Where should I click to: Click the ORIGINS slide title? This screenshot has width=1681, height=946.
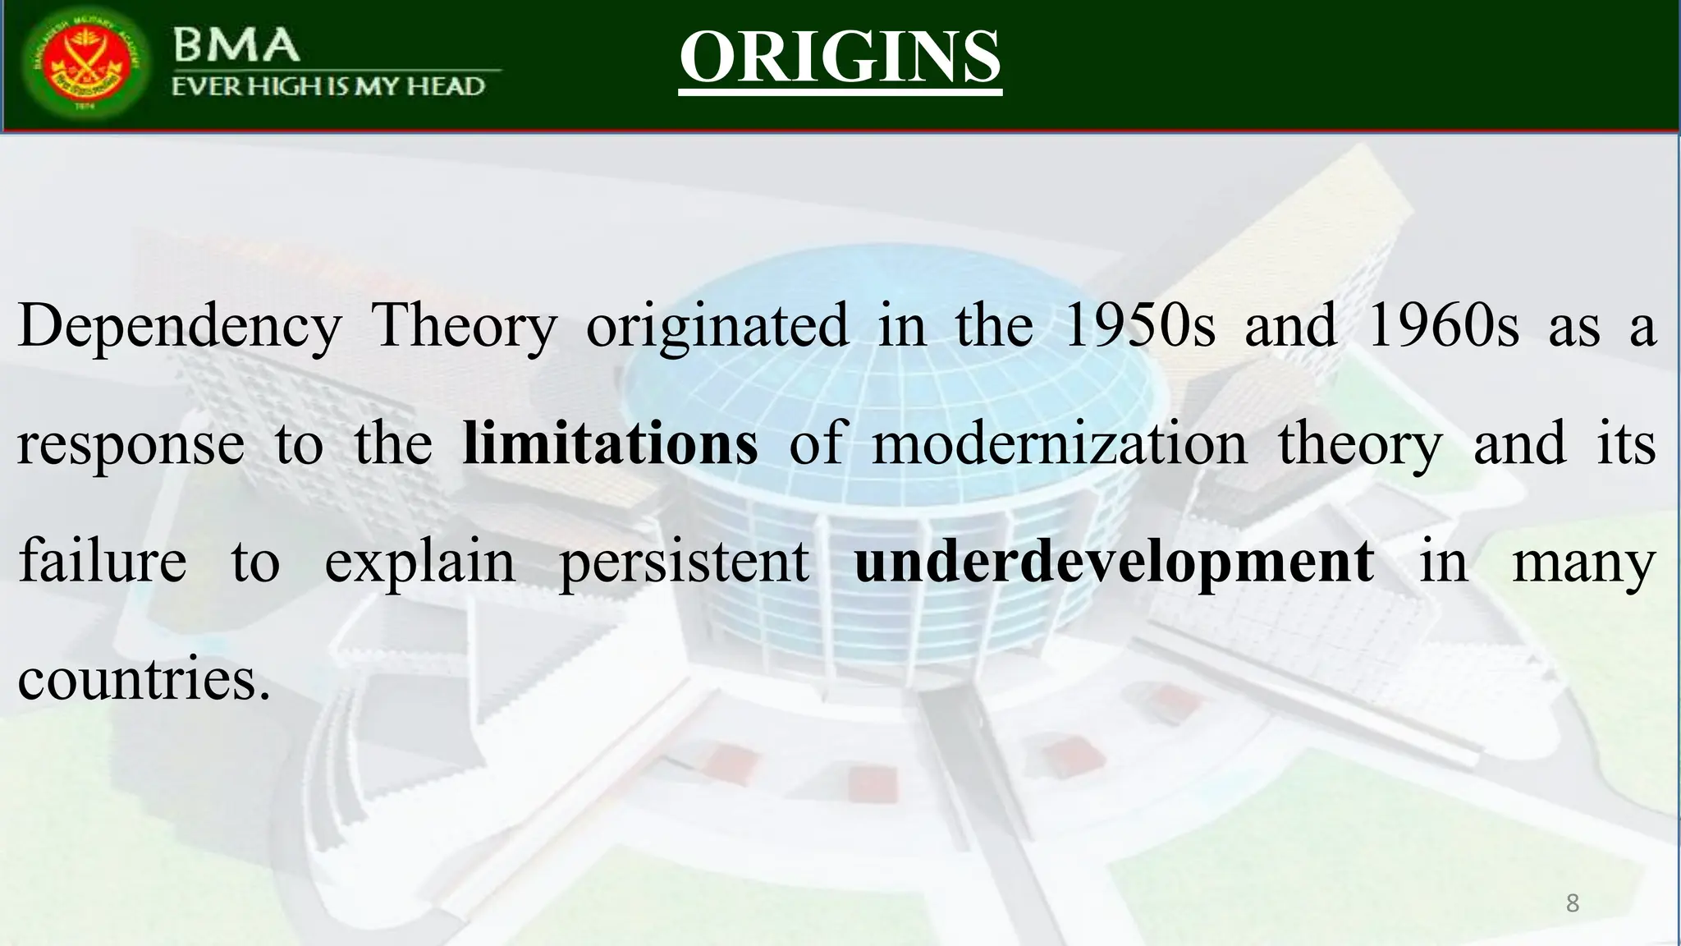coord(840,57)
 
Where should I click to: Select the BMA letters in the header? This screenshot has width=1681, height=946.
coord(236,44)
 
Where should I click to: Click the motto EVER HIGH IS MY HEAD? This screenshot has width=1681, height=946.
coord(328,86)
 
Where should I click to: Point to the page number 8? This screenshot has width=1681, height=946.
coord(1572,903)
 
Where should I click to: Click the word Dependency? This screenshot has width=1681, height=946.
coord(179,326)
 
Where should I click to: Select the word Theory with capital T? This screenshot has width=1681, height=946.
coord(464,326)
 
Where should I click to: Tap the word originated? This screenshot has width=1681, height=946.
coord(717,326)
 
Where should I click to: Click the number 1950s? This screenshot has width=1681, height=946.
coord(1138,326)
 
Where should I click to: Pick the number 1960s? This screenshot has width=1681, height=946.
coord(1442,326)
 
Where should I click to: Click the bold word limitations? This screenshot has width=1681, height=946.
coord(610,443)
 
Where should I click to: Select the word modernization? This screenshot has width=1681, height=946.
coord(1059,443)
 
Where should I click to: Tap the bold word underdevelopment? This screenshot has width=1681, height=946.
coord(1114,563)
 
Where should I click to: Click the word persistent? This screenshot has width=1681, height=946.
coord(684,563)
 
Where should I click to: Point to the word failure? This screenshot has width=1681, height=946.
coord(102,561)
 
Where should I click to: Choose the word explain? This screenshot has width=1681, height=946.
coord(419,563)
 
